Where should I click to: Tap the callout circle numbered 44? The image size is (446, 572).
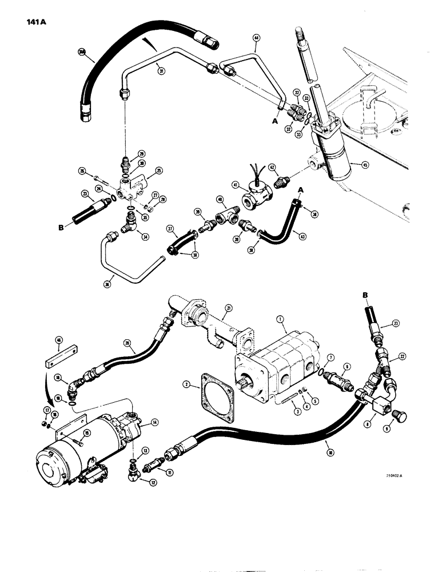256,39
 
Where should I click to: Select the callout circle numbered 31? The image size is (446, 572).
161,71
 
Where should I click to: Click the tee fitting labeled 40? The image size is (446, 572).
225,217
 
